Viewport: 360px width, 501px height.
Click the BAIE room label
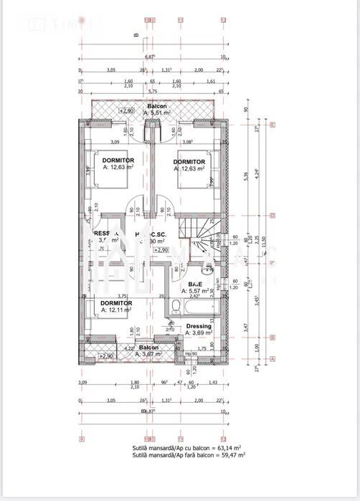click(194, 285)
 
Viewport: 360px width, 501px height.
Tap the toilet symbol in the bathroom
click(176, 307)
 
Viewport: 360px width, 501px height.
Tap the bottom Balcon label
click(148, 347)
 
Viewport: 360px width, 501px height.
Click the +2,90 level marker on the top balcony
click(126, 111)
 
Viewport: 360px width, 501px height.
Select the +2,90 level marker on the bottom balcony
click(106, 356)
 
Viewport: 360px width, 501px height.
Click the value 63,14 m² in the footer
click(230, 447)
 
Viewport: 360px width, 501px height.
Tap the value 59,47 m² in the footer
click(230, 454)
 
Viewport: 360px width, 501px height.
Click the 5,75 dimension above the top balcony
click(152, 92)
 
